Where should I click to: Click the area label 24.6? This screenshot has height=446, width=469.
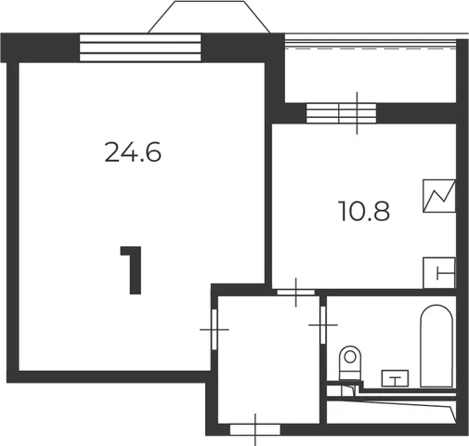(x=133, y=151)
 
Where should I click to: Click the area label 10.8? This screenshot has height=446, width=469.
(x=364, y=211)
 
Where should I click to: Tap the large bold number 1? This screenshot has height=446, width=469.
(x=132, y=269)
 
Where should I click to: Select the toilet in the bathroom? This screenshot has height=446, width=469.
(x=350, y=363)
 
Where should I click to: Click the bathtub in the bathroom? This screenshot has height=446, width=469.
(x=436, y=346)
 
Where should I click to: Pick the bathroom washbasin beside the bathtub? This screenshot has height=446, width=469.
(x=395, y=378)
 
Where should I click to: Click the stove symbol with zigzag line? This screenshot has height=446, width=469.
(x=439, y=196)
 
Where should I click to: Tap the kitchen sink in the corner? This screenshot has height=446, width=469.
(x=439, y=273)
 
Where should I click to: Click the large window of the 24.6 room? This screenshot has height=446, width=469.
(x=140, y=48)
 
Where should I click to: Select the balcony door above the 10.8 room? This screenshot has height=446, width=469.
(x=341, y=113)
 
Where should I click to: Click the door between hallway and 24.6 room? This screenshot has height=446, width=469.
(x=215, y=329)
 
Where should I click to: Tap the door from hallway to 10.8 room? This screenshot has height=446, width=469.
(x=295, y=292)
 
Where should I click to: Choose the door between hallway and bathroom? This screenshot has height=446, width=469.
(x=323, y=325)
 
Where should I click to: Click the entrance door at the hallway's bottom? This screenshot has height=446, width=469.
(x=255, y=429)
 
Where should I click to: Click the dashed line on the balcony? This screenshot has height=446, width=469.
(x=371, y=48)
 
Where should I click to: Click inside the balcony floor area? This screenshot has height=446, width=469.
(x=371, y=76)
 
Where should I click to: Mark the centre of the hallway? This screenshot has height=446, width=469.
(x=268, y=360)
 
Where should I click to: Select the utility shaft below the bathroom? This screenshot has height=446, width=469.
(x=391, y=412)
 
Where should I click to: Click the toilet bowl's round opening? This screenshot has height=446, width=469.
(x=350, y=357)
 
